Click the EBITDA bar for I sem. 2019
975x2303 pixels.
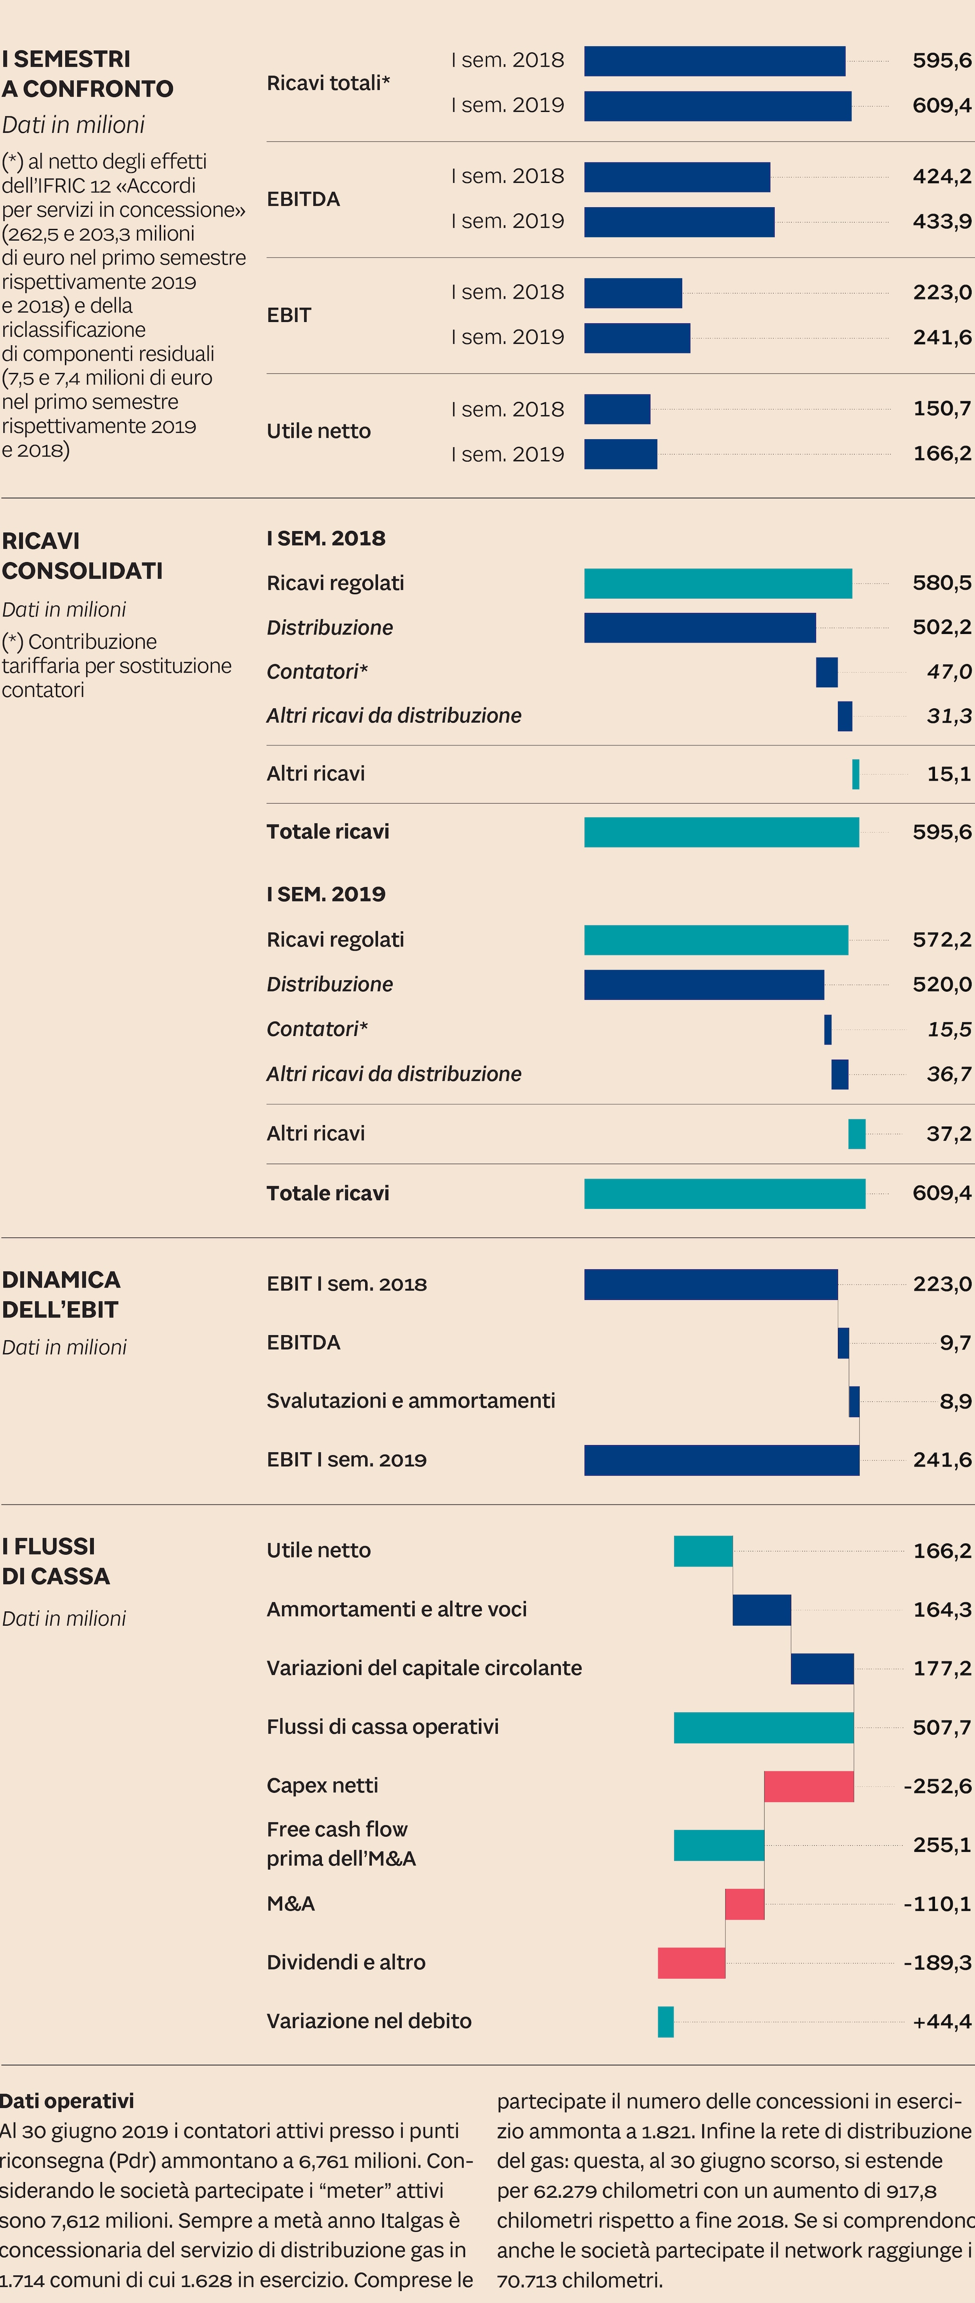click(679, 221)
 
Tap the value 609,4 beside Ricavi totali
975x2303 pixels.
click(941, 105)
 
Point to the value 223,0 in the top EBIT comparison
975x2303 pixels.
click(941, 292)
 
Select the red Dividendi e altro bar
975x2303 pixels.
click(691, 1962)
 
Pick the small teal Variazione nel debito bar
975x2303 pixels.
click(666, 2021)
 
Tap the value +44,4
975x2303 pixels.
click(941, 2021)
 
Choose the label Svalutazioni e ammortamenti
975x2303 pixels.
click(410, 1401)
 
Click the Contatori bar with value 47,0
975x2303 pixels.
click(826, 672)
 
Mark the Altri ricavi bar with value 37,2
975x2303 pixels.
click(856, 1134)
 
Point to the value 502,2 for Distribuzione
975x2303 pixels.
click(941, 628)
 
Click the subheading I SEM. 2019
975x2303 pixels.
click(325, 894)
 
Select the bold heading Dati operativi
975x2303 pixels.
click(67, 2101)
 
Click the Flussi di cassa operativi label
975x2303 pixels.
click(382, 1727)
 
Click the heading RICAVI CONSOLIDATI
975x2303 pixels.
click(82, 555)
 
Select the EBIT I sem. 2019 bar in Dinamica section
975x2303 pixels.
click(721, 1460)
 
